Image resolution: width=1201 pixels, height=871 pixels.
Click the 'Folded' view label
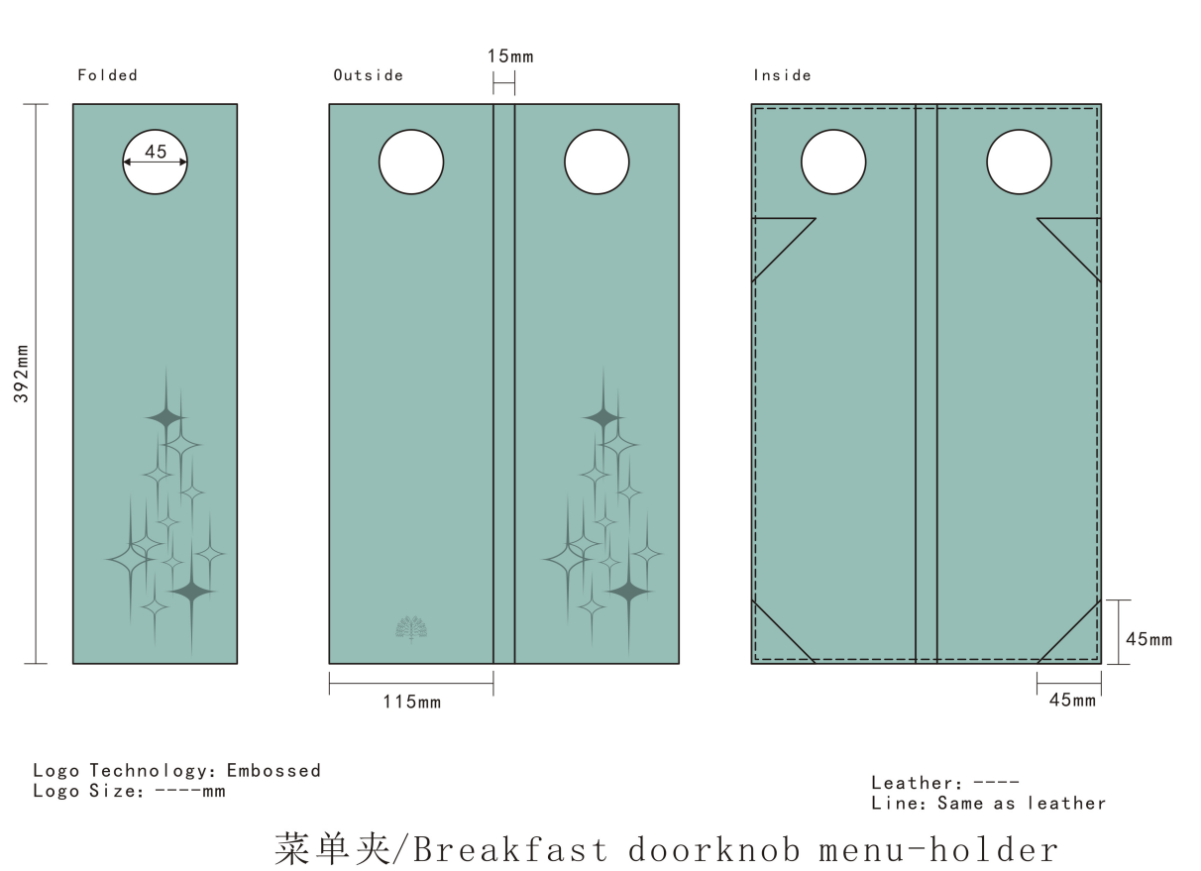point(107,75)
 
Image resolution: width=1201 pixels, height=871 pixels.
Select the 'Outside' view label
point(368,75)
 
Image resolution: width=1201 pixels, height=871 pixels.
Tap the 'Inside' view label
point(782,75)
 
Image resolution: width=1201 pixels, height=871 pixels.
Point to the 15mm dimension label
point(510,55)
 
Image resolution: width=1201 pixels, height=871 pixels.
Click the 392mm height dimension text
point(22,374)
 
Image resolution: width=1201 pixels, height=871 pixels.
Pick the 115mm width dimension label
point(412,702)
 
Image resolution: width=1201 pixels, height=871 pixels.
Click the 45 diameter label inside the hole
point(156,152)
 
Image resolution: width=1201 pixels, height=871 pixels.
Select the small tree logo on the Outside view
point(411,629)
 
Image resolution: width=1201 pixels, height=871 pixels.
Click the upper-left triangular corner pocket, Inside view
point(773,239)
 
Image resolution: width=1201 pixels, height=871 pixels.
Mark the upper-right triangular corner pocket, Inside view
point(1080,239)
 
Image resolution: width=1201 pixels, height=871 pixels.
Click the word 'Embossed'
point(273,770)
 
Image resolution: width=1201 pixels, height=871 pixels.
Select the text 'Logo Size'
point(86,791)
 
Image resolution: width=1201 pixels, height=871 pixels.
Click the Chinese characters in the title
point(332,849)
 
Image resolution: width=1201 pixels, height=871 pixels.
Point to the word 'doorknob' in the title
point(714,849)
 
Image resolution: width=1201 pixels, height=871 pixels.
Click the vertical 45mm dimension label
point(1148,639)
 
